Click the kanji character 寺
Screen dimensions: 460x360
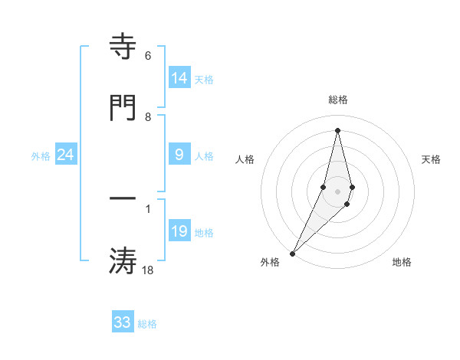click(123, 47)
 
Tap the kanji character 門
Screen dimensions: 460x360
click(123, 107)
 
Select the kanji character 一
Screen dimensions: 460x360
click(123, 198)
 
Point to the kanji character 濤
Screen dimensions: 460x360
click(123, 260)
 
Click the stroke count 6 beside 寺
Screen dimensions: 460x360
click(147, 57)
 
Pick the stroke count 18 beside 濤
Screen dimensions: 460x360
click(147, 270)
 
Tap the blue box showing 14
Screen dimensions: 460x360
click(179, 78)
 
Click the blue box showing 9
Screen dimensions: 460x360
click(179, 155)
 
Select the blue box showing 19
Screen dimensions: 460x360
click(179, 231)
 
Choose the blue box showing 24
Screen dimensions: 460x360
click(66, 155)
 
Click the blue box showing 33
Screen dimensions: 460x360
click(123, 322)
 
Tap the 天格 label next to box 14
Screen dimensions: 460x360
click(204, 80)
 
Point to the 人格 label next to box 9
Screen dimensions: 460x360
click(204, 156)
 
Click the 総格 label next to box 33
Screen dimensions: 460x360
click(147, 324)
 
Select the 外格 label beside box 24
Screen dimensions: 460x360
click(41, 156)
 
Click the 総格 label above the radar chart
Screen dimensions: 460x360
click(337, 100)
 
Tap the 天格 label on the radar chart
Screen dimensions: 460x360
click(432, 159)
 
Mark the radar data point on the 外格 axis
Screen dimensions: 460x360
click(292, 253)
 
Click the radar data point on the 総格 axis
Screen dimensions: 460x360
click(337, 129)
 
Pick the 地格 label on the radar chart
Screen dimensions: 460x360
click(402, 263)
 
